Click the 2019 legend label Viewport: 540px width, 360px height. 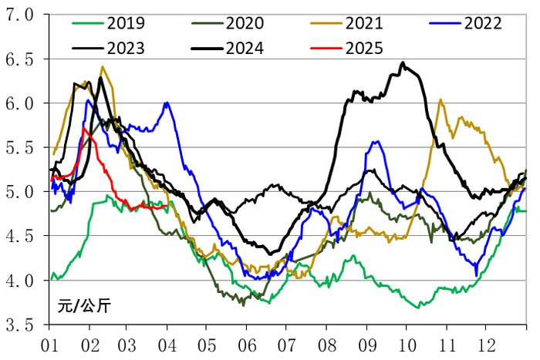[x=126, y=23]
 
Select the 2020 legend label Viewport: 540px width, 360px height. [x=245, y=23]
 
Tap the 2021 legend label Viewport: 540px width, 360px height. [x=364, y=23]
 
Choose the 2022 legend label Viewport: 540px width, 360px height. [x=483, y=23]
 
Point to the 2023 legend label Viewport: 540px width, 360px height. [x=126, y=49]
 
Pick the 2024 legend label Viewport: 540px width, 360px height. [x=245, y=49]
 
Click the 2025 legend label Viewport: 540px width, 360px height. [x=364, y=49]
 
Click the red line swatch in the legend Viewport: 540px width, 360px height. [x=326, y=49]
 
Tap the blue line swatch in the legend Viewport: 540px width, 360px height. [x=445, y=23]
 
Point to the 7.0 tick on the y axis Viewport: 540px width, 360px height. [x=19, y=15]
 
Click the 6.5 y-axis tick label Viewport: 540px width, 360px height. [x=19, y=59]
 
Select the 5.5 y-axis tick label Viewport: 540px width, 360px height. [x=19, y=148]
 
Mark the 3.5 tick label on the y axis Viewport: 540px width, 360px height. [x=19, y=325]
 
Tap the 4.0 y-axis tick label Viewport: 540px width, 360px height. [x=19, y=281]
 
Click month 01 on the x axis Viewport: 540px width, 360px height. [x=50, y=345]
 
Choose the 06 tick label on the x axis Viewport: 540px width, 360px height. [x=248, y=345]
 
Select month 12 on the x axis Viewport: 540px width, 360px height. [x=487, y=345]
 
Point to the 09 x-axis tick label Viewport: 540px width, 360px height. [x=367, y=345]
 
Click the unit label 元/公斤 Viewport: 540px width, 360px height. [x=84, y=306]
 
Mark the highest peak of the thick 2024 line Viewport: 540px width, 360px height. [x=403, y=62]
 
